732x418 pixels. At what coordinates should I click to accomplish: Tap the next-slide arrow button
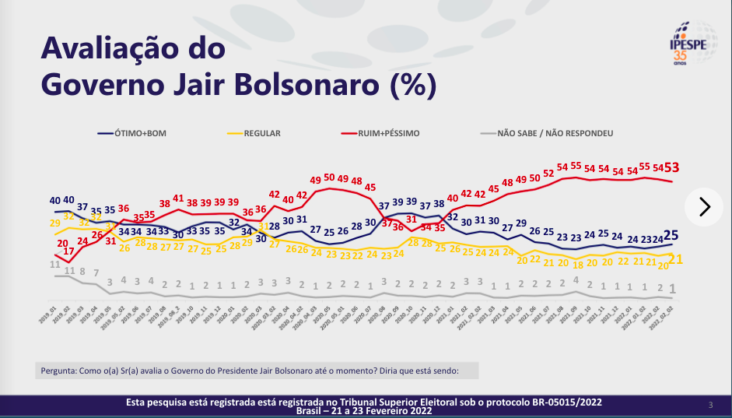705,206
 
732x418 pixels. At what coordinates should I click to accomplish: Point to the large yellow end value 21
677,260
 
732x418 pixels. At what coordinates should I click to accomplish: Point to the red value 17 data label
69,251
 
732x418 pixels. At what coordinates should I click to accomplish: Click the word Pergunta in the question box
59,371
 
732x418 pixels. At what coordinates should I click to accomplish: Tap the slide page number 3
710,405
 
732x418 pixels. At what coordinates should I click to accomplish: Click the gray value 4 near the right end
576,280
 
